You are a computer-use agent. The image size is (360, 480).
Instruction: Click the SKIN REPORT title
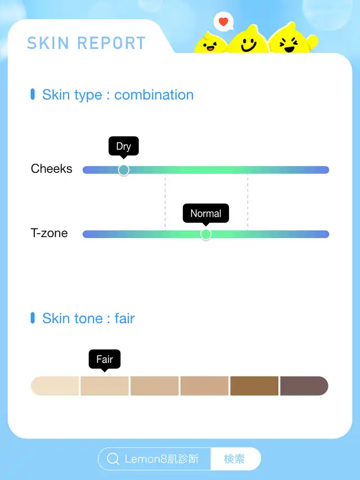click(x=86, y=43)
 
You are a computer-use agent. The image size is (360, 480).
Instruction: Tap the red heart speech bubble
click(x=223, y=21)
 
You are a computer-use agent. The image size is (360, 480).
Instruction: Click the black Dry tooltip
click(x=123, y=147)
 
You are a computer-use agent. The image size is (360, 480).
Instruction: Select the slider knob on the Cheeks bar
click(x=123, y=170)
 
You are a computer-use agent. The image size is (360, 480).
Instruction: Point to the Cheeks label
click(x=51, y=169)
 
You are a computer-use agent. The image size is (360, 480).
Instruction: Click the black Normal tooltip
click(x=206, y=214)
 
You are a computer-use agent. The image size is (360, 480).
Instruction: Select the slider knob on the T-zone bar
click(x=206, y=234)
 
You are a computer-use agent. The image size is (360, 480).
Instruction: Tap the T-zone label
click(x=49, y=233)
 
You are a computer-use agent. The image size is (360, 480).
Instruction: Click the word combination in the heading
click(x=154, y=95)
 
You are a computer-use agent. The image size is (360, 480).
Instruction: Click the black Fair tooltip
click(x=105, y=360)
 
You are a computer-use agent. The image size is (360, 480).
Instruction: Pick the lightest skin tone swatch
click(x=55, y=385)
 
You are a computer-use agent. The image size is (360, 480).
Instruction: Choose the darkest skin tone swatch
click(x=304, y=385)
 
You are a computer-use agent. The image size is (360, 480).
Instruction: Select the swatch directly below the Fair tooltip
click(x=105, y=385)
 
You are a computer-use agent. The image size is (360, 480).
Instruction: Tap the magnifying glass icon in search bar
click(x=113, y=459)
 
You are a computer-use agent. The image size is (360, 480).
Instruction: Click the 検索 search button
click(x=234, y=459)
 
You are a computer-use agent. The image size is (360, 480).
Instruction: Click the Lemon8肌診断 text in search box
click(x=161, y=459)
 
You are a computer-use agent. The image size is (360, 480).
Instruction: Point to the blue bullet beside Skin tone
click(x=33, y=318)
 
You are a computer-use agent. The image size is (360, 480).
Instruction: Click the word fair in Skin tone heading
click(x=124, y=318)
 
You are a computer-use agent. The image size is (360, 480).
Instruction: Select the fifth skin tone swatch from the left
click(x=254, y=385)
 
